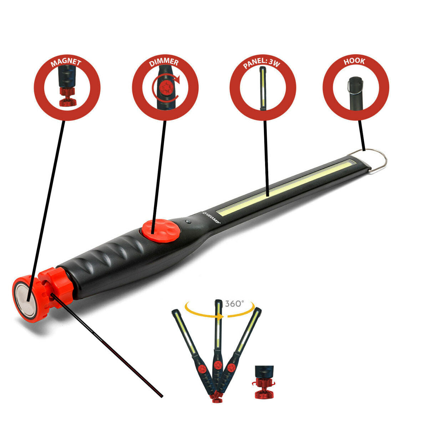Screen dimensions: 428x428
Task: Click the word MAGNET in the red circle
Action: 66,63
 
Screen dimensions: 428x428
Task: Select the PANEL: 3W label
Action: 263,63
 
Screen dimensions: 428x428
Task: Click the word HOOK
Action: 354,61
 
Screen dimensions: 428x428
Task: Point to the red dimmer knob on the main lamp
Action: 160,230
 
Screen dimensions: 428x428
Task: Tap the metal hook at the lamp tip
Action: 374,160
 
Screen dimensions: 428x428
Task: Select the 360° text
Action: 234,304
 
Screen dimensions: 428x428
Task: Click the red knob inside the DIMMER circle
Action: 165,88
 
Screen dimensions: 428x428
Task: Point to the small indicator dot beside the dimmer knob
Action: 188,222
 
